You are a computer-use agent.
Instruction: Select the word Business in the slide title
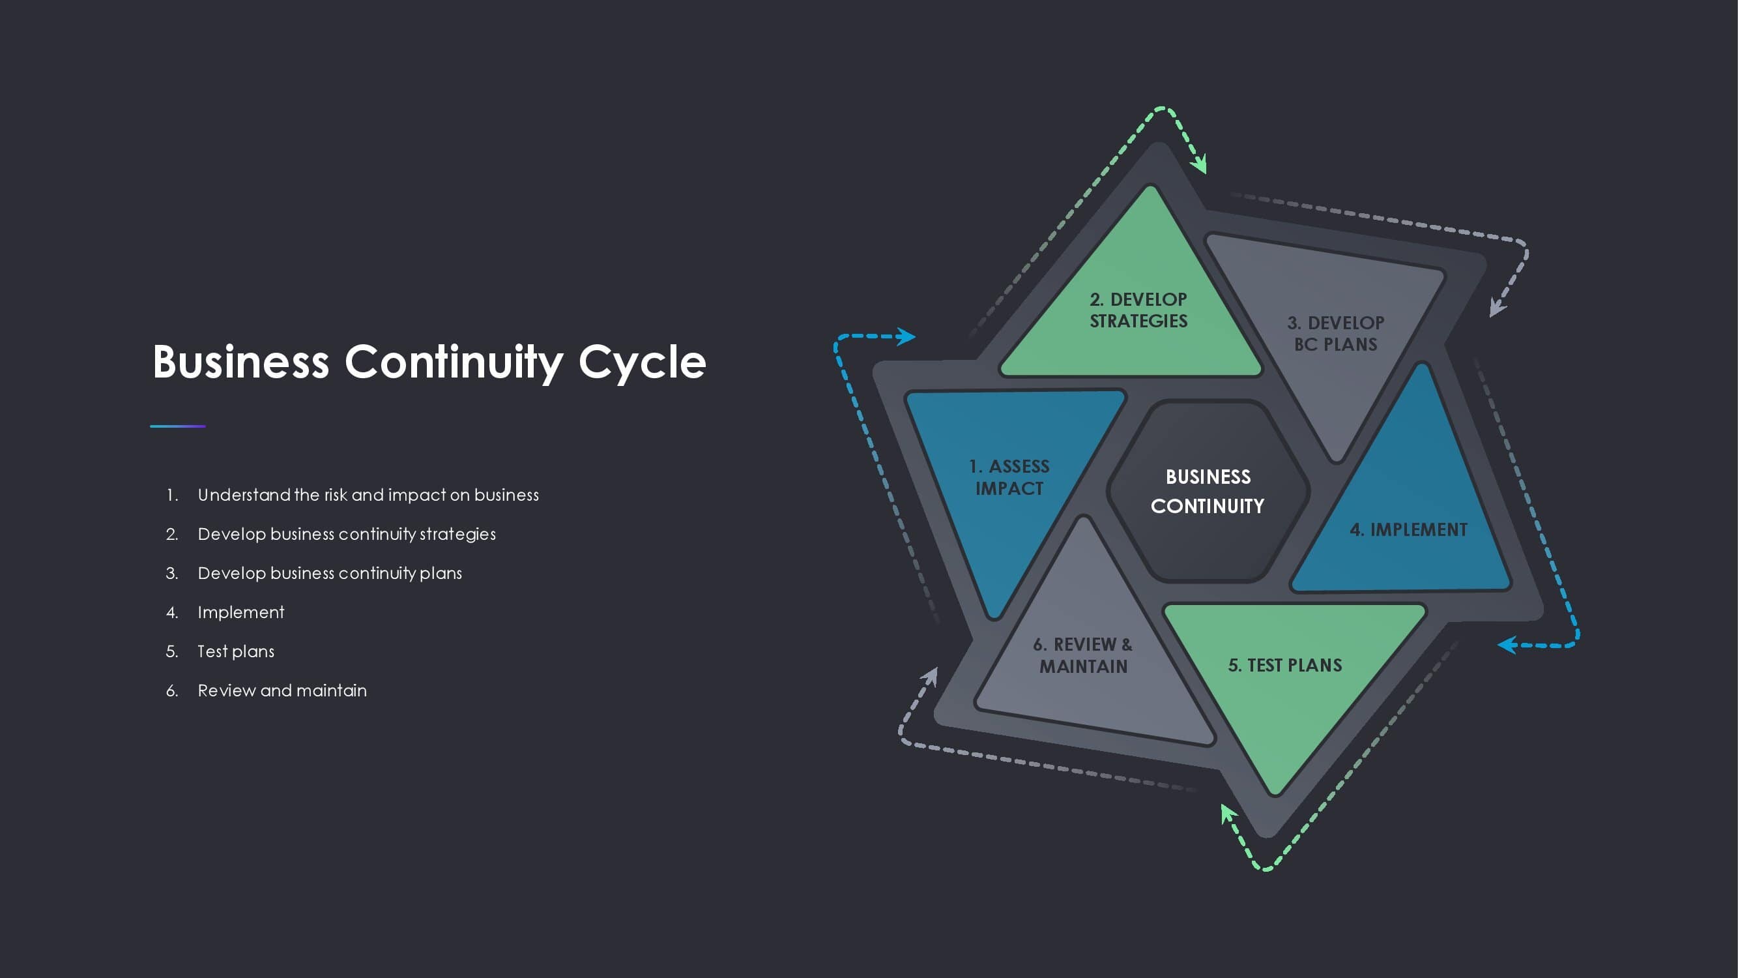241,363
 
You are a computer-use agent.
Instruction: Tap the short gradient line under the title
177,426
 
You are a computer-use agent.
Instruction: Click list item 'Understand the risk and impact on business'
368,495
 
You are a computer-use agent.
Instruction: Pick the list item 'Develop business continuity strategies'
346,534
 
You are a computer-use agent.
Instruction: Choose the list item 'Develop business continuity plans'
329,573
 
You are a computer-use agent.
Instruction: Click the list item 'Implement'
241,612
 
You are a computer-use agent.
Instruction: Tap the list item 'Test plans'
235,651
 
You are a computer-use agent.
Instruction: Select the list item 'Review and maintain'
282,690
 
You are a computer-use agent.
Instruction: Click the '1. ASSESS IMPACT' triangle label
1009,477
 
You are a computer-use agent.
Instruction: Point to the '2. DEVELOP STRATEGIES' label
1138,310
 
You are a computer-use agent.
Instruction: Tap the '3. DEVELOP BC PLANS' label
1335,333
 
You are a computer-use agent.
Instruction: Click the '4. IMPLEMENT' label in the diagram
1408,530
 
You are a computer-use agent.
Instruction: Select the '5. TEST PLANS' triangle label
1284,666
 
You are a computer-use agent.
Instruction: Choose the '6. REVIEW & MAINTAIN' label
1083,655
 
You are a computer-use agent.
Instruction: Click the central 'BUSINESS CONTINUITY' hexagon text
1208,492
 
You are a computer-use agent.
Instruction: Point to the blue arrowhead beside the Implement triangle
1507,645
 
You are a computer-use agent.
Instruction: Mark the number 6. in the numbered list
172,690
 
